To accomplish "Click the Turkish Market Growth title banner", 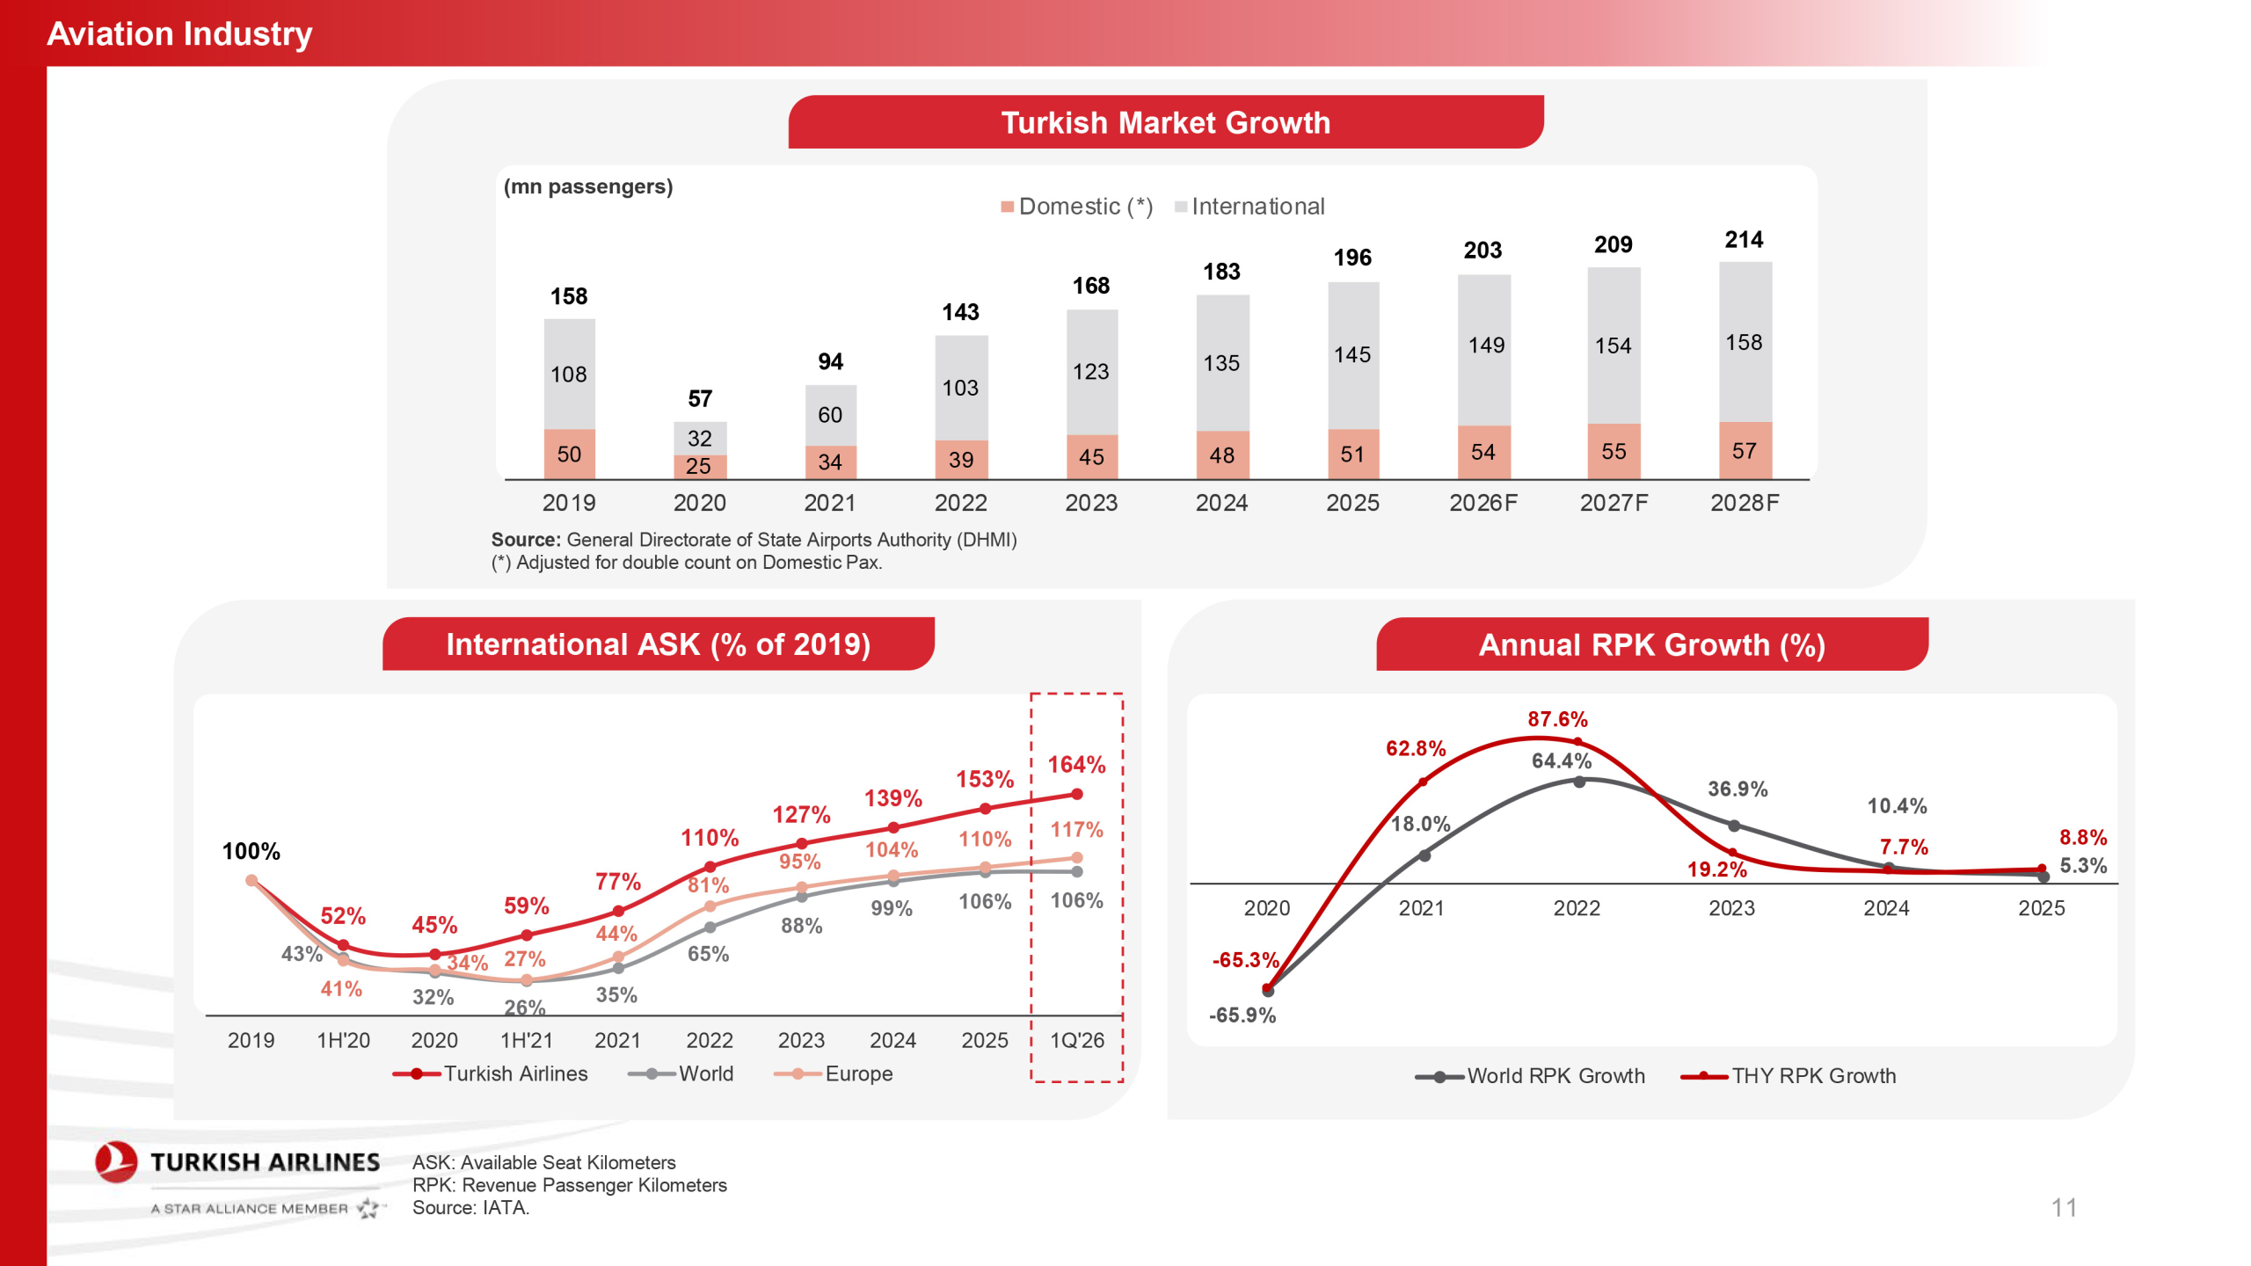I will tap(1165, 122).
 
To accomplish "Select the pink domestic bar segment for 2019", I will tap(569, 454).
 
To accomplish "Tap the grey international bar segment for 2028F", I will tap(1745, 342).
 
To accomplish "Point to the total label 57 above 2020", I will tap(700, 399).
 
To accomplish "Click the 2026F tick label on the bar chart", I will tap(1482, 503).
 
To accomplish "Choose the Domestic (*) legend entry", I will tap(1076, 207).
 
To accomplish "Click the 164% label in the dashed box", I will tap(1076, 765).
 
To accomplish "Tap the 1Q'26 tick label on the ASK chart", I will tap(1076, 1040).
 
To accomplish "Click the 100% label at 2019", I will tap(251, 851).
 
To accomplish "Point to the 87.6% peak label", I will tap(1557, 719).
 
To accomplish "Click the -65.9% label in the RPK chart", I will tap(1242, 1015).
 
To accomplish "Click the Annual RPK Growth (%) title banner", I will tap(1651, 644).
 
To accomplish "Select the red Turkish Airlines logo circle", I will tap(116, 1161).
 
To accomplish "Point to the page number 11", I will tap(2064, 1207).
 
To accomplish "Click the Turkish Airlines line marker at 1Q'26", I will tap(1076, 794).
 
